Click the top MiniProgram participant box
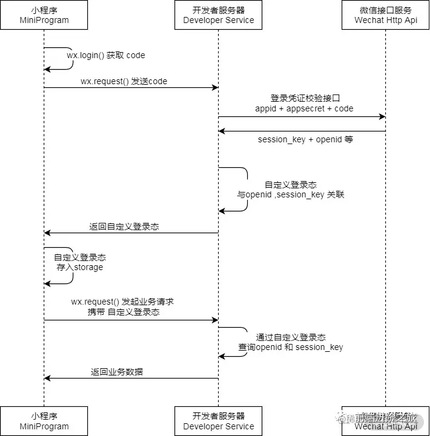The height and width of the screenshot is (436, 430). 44,15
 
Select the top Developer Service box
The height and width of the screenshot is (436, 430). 219,15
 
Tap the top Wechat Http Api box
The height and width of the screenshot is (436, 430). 386,15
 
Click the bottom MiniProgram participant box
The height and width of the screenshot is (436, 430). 44,421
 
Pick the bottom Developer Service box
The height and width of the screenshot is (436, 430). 219,421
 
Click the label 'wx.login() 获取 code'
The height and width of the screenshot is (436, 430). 106,55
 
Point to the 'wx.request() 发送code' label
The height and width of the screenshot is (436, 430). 124,81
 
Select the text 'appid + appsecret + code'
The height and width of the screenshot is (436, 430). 304,108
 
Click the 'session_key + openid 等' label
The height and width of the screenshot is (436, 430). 305,139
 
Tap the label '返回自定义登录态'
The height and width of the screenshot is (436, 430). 124,226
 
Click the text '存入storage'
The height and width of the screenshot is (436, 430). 80,267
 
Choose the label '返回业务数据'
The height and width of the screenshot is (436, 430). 117,372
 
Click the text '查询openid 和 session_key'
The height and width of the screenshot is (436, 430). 291,347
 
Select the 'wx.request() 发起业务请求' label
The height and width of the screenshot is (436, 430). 123,301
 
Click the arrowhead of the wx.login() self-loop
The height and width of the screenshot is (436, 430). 47,70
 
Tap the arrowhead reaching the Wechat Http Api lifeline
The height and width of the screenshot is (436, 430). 382,116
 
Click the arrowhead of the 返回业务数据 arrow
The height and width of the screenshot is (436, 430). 47,378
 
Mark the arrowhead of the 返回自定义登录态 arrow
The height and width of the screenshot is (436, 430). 47,233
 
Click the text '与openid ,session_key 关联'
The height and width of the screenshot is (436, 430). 291,195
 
